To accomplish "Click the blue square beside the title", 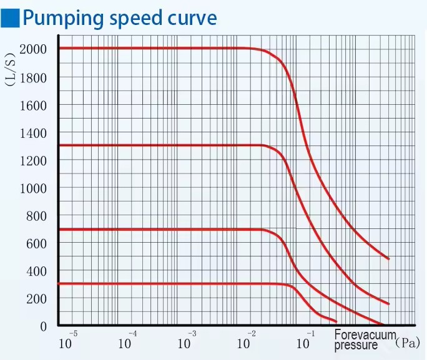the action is [10, 18].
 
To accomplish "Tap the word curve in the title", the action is [192, 18].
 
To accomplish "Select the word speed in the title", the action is [135, 19].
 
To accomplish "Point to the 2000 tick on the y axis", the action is [33, 49].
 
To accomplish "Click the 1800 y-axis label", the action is [33, 78].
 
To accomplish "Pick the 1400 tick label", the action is [33, 134].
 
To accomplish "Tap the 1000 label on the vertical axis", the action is [33, 188].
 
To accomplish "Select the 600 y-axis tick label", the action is [36, 244].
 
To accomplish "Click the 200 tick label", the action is [36, 299].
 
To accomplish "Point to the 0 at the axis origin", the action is [43, 326].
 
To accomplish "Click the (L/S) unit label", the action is [11, 69].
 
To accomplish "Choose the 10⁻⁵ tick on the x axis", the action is [68, 341].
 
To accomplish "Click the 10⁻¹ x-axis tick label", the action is [306, 341].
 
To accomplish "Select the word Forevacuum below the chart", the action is [365, 334].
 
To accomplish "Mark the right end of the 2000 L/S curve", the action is [388, 259].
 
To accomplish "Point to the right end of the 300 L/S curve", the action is [336, 322].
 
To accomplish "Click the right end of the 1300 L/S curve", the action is [388, 304].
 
